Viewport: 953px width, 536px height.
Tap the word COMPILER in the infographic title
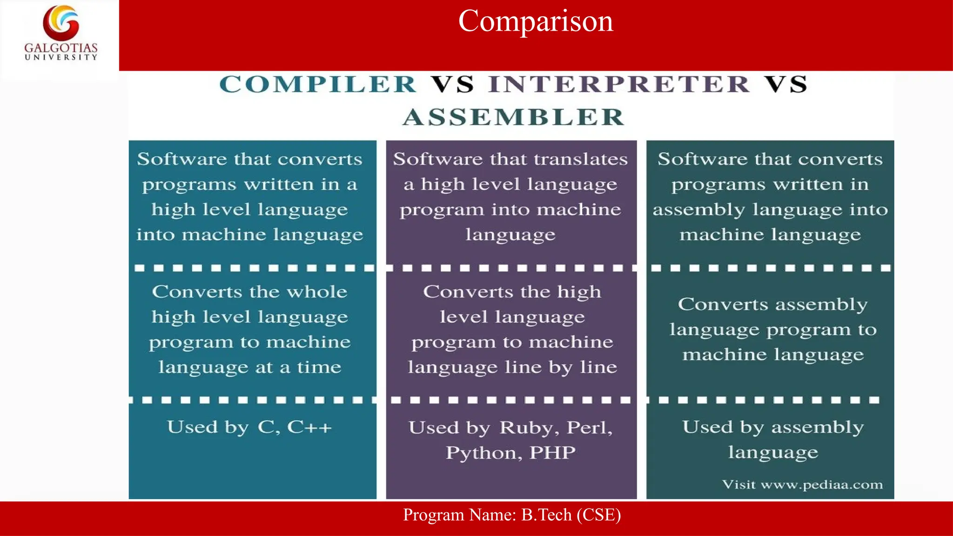tap(318, 85)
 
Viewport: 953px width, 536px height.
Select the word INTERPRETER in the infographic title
tap(619, 85)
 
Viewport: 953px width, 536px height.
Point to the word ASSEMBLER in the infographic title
tap(513, 117)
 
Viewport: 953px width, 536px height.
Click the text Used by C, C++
tap(249, 427)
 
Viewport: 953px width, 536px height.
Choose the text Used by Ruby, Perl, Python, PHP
tap(510, 440)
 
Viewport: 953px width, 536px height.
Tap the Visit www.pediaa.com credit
tap(802, 485)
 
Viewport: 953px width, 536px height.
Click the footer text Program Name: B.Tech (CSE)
tap(512, 515)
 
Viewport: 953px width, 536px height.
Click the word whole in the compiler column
tap(317, 292)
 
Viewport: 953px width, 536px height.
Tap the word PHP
tap(552, 453)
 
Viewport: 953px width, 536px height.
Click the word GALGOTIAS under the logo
tap(61, 48)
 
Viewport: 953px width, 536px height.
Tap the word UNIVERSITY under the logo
tap(61, 57)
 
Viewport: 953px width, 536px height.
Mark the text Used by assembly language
tap(772, 440)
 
